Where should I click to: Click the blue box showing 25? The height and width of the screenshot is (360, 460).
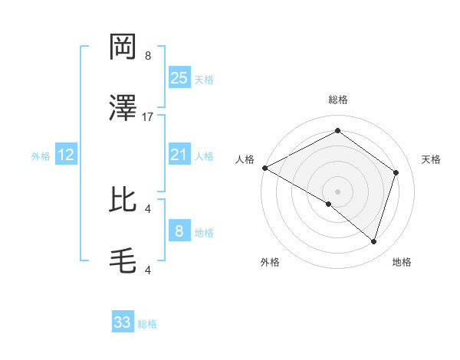point(179,78)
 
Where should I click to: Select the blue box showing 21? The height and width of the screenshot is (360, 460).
point(179,155)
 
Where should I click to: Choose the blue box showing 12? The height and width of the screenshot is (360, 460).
point(66,155)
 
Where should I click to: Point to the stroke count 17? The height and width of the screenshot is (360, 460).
point(148,117)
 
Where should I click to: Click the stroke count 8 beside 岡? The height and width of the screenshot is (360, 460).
point(148,56)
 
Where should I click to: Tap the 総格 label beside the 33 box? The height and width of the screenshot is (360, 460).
point(147,324)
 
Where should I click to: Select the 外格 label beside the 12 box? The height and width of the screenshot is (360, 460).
point(41,156)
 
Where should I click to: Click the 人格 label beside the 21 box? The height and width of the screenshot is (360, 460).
point(204,156)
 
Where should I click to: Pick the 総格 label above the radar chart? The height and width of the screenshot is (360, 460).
point(337,100)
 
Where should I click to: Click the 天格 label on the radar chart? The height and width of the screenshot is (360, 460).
point(432,159)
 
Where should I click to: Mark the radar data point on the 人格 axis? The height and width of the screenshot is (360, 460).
point(264,168)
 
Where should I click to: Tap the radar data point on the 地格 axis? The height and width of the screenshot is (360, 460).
point(373,242)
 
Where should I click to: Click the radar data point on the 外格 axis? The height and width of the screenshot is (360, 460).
point(329,204)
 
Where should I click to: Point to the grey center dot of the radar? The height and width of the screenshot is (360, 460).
point(337,191)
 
